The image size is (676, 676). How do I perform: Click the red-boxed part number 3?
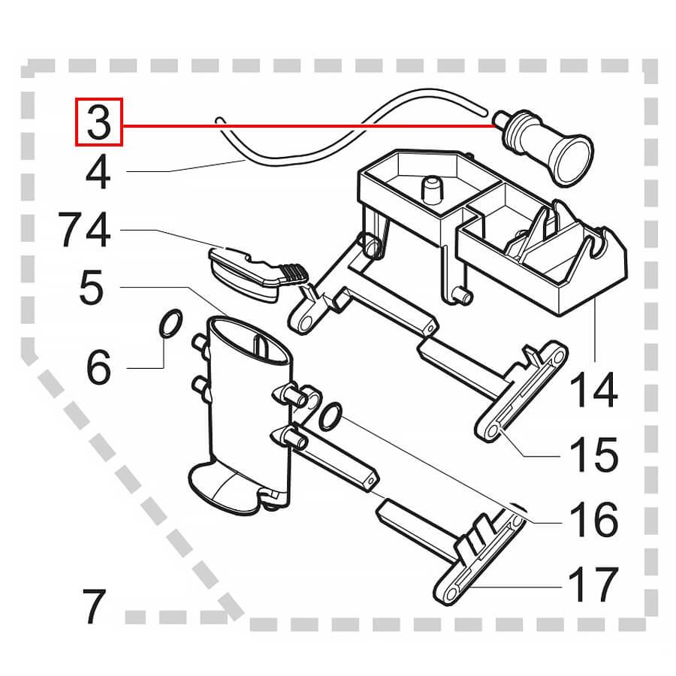(98, 122)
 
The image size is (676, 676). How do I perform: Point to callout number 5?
(91, 288)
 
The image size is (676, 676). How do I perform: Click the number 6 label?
(98, 367)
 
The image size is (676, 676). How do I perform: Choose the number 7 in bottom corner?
(95, 606)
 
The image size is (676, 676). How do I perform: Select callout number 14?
(593, 391)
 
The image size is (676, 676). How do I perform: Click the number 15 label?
(593, 455)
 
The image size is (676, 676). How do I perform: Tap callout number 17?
(593, 585)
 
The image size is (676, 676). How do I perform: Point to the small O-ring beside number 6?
(170, 325)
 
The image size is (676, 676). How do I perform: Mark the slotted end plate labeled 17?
(481, 556)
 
